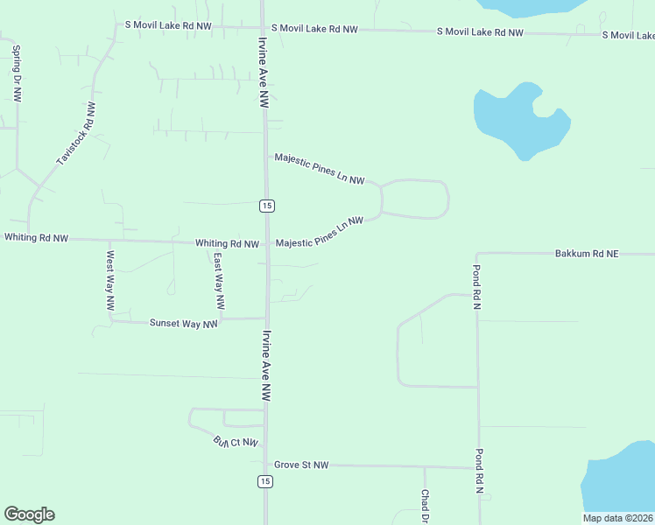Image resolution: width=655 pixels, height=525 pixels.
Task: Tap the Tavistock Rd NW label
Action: [76, 134]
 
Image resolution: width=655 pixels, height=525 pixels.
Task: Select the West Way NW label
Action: [110, 282]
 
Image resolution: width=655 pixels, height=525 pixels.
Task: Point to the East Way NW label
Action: [219, 282]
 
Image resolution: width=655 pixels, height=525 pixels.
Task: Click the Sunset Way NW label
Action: [183, 324]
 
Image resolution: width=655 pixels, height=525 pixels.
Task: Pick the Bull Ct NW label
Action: [237, 443]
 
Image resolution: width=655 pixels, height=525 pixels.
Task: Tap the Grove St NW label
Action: [300, 465]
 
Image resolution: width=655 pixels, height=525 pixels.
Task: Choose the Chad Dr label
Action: [425, 507]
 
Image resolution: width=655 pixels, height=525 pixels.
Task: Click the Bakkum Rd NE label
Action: [586, 254]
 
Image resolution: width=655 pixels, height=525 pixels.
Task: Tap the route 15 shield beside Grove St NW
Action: [264, 481]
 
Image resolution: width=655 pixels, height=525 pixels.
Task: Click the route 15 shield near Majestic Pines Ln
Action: [267, 206]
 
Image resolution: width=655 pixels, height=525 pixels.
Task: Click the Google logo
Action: [29, 514]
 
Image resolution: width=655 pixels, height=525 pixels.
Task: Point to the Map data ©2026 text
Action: [618, 518]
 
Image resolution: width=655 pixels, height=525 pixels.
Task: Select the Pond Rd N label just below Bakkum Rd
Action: [478, 287]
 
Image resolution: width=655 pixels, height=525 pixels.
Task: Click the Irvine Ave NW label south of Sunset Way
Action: [264, 366]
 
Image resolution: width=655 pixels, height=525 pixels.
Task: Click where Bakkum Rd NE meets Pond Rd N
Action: [477, 255]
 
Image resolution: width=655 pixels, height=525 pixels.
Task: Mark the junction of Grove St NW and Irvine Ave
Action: [267, 465]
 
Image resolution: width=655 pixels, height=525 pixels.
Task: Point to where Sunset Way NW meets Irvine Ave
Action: [266, 318]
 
